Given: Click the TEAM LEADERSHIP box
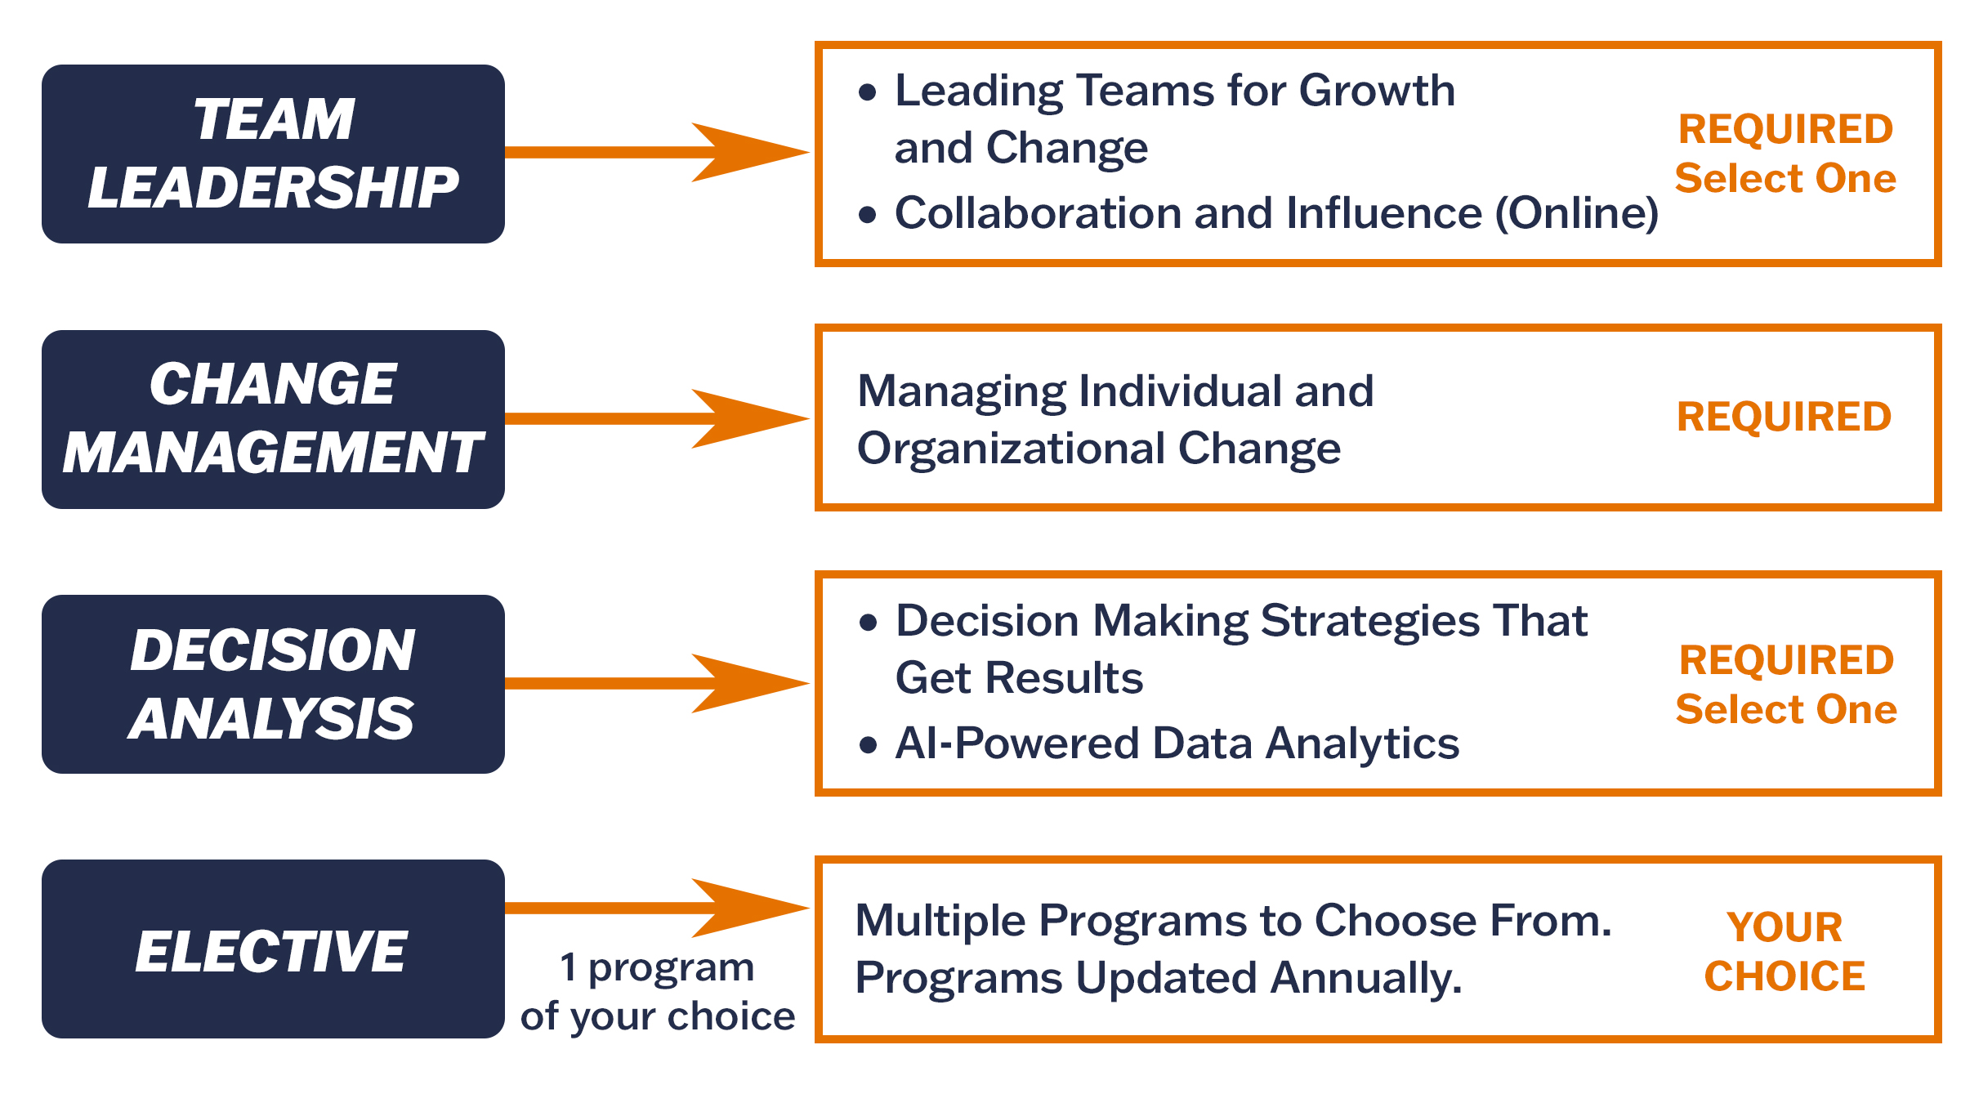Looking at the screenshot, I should coord(273,154).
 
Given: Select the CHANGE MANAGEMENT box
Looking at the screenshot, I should coord(273,419).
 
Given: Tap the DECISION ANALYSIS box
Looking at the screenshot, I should coord(273,684).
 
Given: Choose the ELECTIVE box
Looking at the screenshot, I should coord(273,949).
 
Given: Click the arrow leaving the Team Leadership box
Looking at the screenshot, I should coord(654,152).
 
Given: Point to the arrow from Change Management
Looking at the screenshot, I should coord(654,418).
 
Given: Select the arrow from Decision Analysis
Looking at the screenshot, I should coord(654,683).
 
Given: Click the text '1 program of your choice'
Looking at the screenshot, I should coord(658,992).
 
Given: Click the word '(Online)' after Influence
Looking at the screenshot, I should coord(1577,213).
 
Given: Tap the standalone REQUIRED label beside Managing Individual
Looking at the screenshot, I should coord(1784,417).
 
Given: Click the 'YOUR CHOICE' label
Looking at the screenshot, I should coord(1785,952).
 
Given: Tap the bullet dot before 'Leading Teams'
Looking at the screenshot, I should coord(868,92).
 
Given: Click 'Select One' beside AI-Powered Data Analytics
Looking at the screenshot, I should coord(1786,709).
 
